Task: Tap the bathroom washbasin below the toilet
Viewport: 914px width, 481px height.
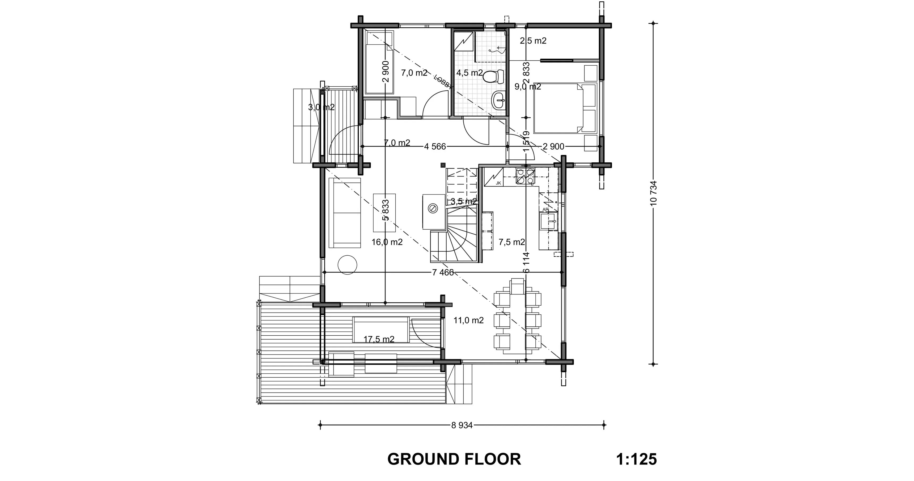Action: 499,100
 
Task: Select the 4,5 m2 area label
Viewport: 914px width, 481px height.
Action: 469,73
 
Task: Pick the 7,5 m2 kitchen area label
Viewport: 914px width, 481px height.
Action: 511,242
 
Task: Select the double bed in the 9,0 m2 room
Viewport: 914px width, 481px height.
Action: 559,108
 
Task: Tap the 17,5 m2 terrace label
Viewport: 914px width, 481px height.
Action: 379,340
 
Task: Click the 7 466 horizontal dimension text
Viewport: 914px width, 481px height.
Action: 443,273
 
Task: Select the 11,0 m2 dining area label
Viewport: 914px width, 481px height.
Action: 468,320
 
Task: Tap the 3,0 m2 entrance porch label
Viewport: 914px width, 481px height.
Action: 321,107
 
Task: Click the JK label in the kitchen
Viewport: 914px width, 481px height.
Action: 498,183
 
